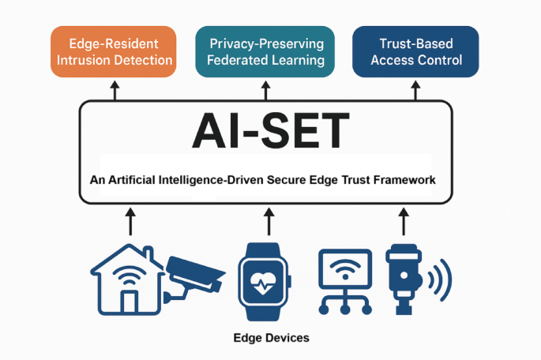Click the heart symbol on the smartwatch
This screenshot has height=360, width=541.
click(x=266, y=283)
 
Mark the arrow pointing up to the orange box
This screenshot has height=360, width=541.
click(x=115, y=91)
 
